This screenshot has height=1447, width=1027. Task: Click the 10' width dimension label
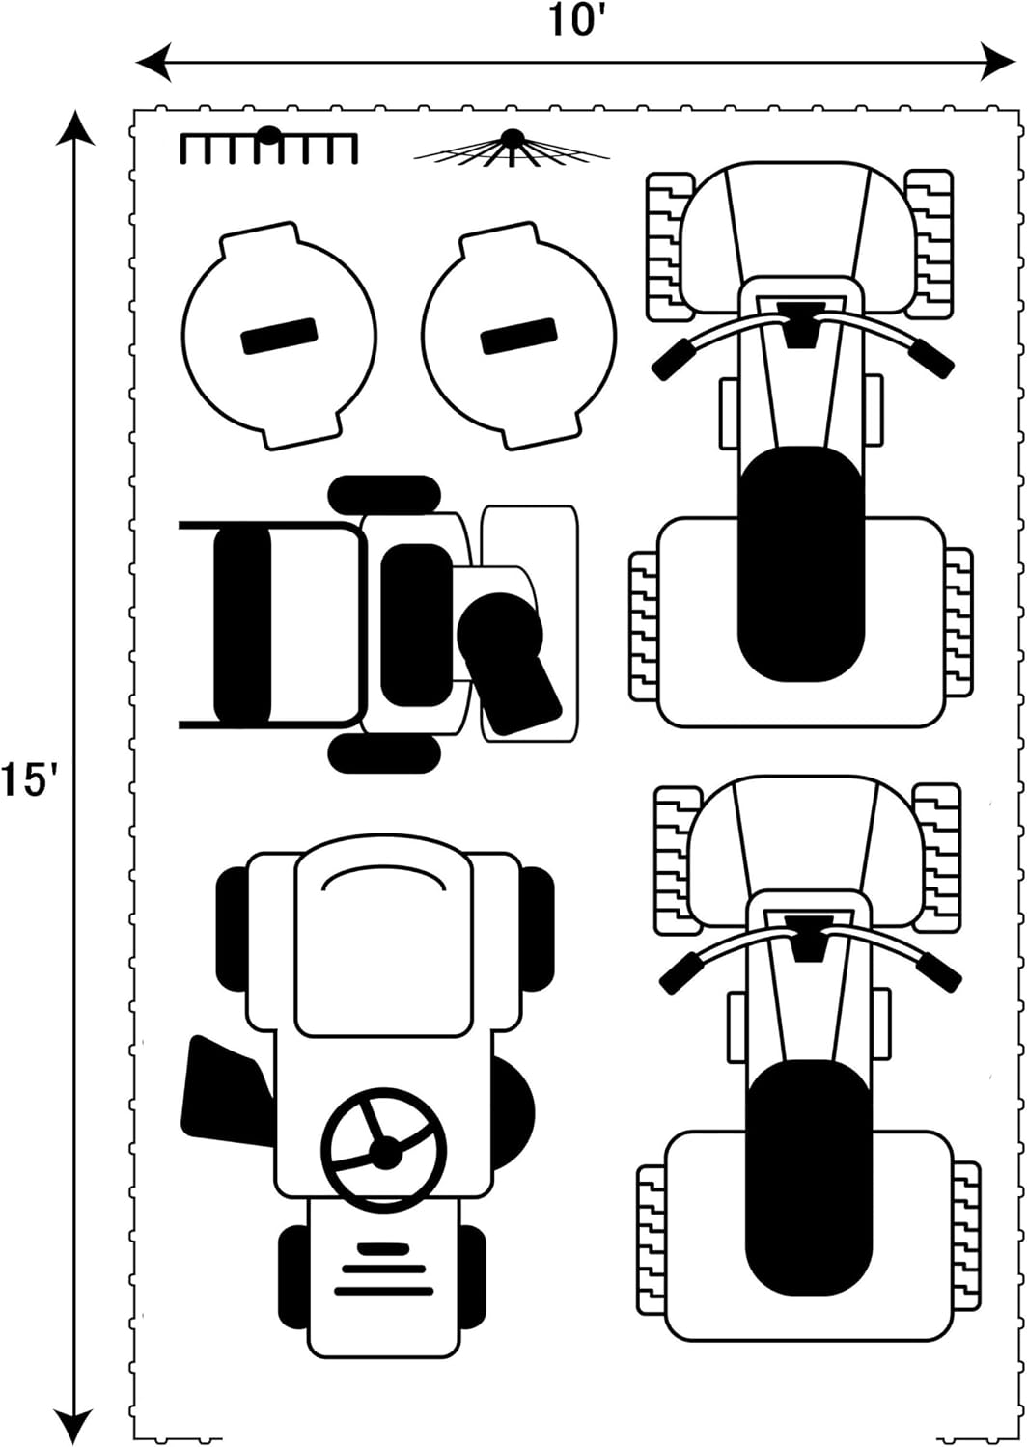[571, 20]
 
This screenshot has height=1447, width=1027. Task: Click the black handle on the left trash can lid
[279, 336]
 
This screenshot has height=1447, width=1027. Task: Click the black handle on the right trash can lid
[518, 336]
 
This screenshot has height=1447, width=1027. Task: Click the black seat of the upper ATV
[801, 563]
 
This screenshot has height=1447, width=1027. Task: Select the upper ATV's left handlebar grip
[672, 360]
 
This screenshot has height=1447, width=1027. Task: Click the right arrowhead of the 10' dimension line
[998, 62]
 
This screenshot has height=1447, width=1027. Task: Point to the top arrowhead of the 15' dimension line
[75, 129]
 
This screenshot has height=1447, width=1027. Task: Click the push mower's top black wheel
[384, 495]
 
